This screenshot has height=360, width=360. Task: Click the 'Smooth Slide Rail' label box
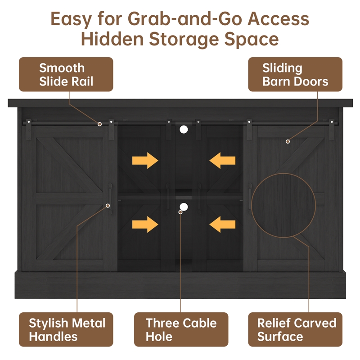(x=66, y=74)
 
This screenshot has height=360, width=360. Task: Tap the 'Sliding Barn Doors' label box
(x=295, y=74)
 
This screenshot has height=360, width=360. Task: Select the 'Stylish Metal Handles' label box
(x=66, y=329)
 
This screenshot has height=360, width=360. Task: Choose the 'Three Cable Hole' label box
(x=181, y=329)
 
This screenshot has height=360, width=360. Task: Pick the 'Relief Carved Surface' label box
(x=295, y=329)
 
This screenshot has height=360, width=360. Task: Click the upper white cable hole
(x=184, y=130)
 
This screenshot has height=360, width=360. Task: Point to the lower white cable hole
(x=184, y=207)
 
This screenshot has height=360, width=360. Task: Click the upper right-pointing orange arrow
(x=145, y=161)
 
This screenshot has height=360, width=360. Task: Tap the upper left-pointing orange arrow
(x=222, y=161)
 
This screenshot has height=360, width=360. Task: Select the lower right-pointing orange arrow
(x=145, y=224)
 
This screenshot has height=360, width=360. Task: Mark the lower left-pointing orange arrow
(x=222, y=224)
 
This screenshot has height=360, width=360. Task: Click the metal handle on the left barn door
(x=110, y=198)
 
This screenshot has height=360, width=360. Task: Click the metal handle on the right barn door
(x=250, y=198)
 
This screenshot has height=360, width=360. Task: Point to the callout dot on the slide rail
(x=99, y=124)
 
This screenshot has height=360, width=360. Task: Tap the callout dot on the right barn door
(x=288, y=141)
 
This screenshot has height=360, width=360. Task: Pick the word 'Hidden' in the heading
(x=112, y=39)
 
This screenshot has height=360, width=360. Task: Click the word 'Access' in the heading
(x=278, y=19)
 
